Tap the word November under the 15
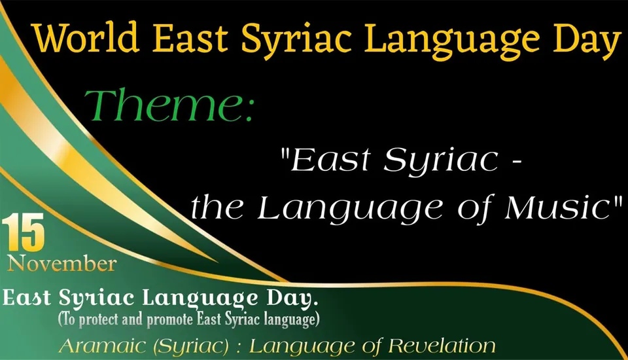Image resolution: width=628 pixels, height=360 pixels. pos(62,264)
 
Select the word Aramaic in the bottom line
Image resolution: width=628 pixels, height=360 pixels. pos(99,345)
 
